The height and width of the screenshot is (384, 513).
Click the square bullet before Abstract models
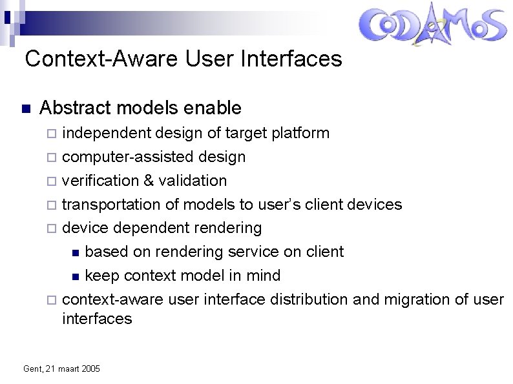[25, 108]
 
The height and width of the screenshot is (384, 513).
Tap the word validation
[194, 181]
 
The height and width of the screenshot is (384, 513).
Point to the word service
[252, 252]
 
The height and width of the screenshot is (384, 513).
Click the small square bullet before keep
[76, 277]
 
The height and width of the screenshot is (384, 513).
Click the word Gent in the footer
[31, 369]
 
